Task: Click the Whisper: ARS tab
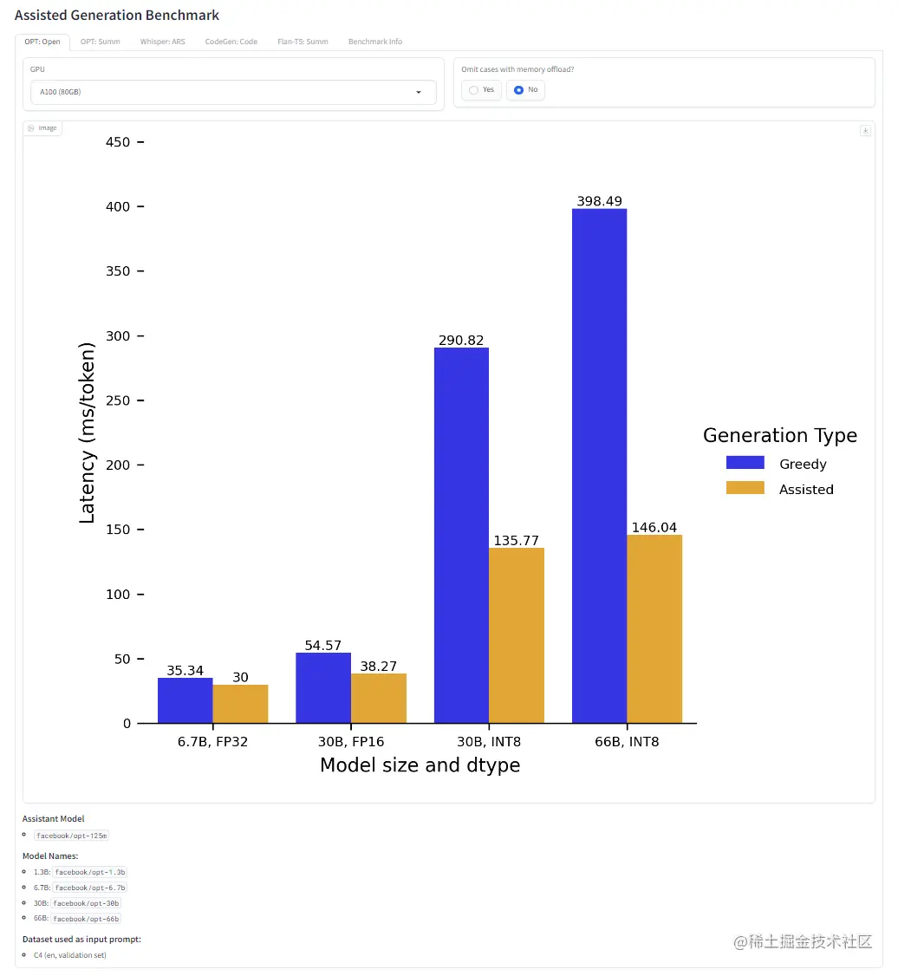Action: click(x=162, y=42)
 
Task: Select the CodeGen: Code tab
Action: click(x=231, y=42)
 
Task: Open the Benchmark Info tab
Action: click(x=374, y=42)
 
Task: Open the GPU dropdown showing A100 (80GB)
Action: click(x=232, y=92)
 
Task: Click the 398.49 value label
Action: click(x=599, y=201)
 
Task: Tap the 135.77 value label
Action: click(x=517, y=541)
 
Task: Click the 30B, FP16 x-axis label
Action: click(x=350, y=742)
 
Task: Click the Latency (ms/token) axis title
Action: click(x=88, y=433)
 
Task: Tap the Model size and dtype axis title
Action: click(x=420, y=765)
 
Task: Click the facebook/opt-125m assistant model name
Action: click(x=72, y=836)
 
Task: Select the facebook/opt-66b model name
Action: click(x=87, y=919)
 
